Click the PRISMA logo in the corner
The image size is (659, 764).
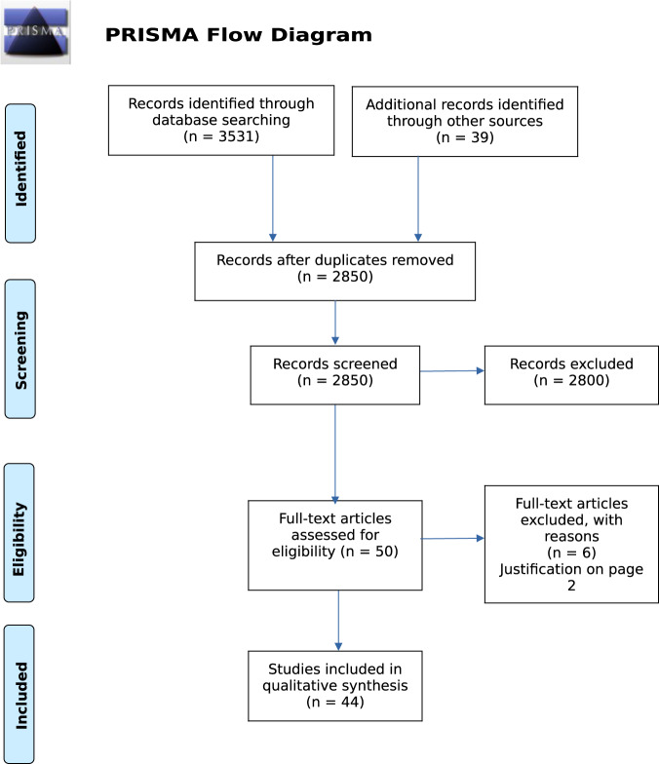click(36, 33)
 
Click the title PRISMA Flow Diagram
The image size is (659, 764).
click(238, 36)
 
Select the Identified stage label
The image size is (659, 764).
click(20, 172)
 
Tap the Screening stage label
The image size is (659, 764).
click(20, 348)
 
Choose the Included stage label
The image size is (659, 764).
click(20, 694)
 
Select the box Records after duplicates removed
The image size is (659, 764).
click(335, 270)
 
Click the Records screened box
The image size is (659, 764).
click(335, 373)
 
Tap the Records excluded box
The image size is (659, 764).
click(571, 373)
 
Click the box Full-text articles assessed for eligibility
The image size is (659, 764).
click(335, 545)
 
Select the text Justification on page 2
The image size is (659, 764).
click(571, 578)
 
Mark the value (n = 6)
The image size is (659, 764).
click(571, 553)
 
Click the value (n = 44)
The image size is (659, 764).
click(335, 702)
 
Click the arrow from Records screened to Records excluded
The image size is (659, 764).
click(452, 371)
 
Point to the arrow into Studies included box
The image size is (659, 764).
click(338, 621)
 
